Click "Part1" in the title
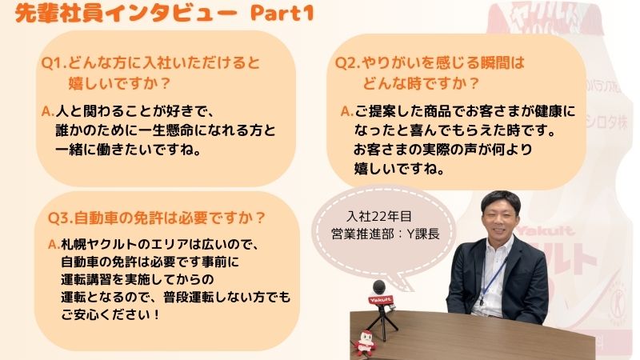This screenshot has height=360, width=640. tap(282, 13)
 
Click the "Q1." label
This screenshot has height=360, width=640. tap(54, 63)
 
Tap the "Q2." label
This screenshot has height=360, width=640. tap(348, 63)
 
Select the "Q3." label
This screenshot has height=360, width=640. tap(61, 218)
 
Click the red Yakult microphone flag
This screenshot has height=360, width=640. tap(381, 300)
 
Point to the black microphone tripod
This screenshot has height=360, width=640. tap(382, 322)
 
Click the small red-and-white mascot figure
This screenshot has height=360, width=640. tap(365, 343)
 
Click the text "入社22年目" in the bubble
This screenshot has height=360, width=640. tap(379, 216)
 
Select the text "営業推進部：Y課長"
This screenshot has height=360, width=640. tap(386, 234)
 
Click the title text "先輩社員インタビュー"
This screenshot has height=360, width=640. tap(126, 13)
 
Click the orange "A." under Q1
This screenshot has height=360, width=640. tap(48, 111)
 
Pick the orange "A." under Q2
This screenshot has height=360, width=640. tap(347, 111)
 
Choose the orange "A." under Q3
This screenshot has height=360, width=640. tap(54, 244)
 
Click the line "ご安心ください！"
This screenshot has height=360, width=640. tap(110, 314)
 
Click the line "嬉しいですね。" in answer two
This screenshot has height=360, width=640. tap(399, 168)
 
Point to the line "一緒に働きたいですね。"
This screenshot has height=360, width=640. tap(129, 150)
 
